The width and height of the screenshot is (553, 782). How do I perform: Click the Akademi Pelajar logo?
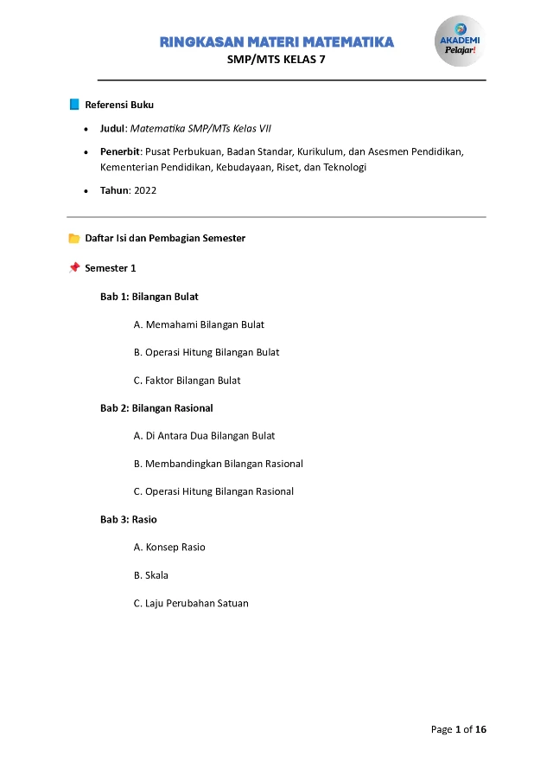coord(459,41)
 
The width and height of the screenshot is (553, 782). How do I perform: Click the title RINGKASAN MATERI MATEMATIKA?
coord(276,42)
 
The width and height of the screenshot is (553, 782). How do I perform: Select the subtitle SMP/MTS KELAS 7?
coord(276,60)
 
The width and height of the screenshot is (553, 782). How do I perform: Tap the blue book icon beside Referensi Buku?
coord(74,105)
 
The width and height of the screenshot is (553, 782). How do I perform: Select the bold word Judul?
coord(113,128)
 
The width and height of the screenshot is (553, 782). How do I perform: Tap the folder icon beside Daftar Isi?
coord(74,238)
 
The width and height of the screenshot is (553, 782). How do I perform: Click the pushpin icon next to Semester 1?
coord(74,268)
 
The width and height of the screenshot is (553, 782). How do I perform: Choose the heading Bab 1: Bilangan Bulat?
coord(149,297)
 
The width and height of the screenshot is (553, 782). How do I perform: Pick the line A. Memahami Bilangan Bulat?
coord(199,325)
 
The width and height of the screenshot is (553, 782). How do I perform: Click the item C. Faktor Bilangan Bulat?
coord(187,381)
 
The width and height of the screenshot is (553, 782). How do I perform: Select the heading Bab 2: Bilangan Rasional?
coord(156,408)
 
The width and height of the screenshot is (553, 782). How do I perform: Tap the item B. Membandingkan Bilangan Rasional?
coord(218,464)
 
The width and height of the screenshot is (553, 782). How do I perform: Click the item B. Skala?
coord(150,575)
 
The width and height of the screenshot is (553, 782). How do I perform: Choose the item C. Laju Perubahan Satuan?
coord(191,604)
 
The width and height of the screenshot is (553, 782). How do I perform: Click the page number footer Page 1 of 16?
coord(459,729)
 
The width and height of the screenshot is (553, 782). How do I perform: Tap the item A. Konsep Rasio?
coord(169,548)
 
